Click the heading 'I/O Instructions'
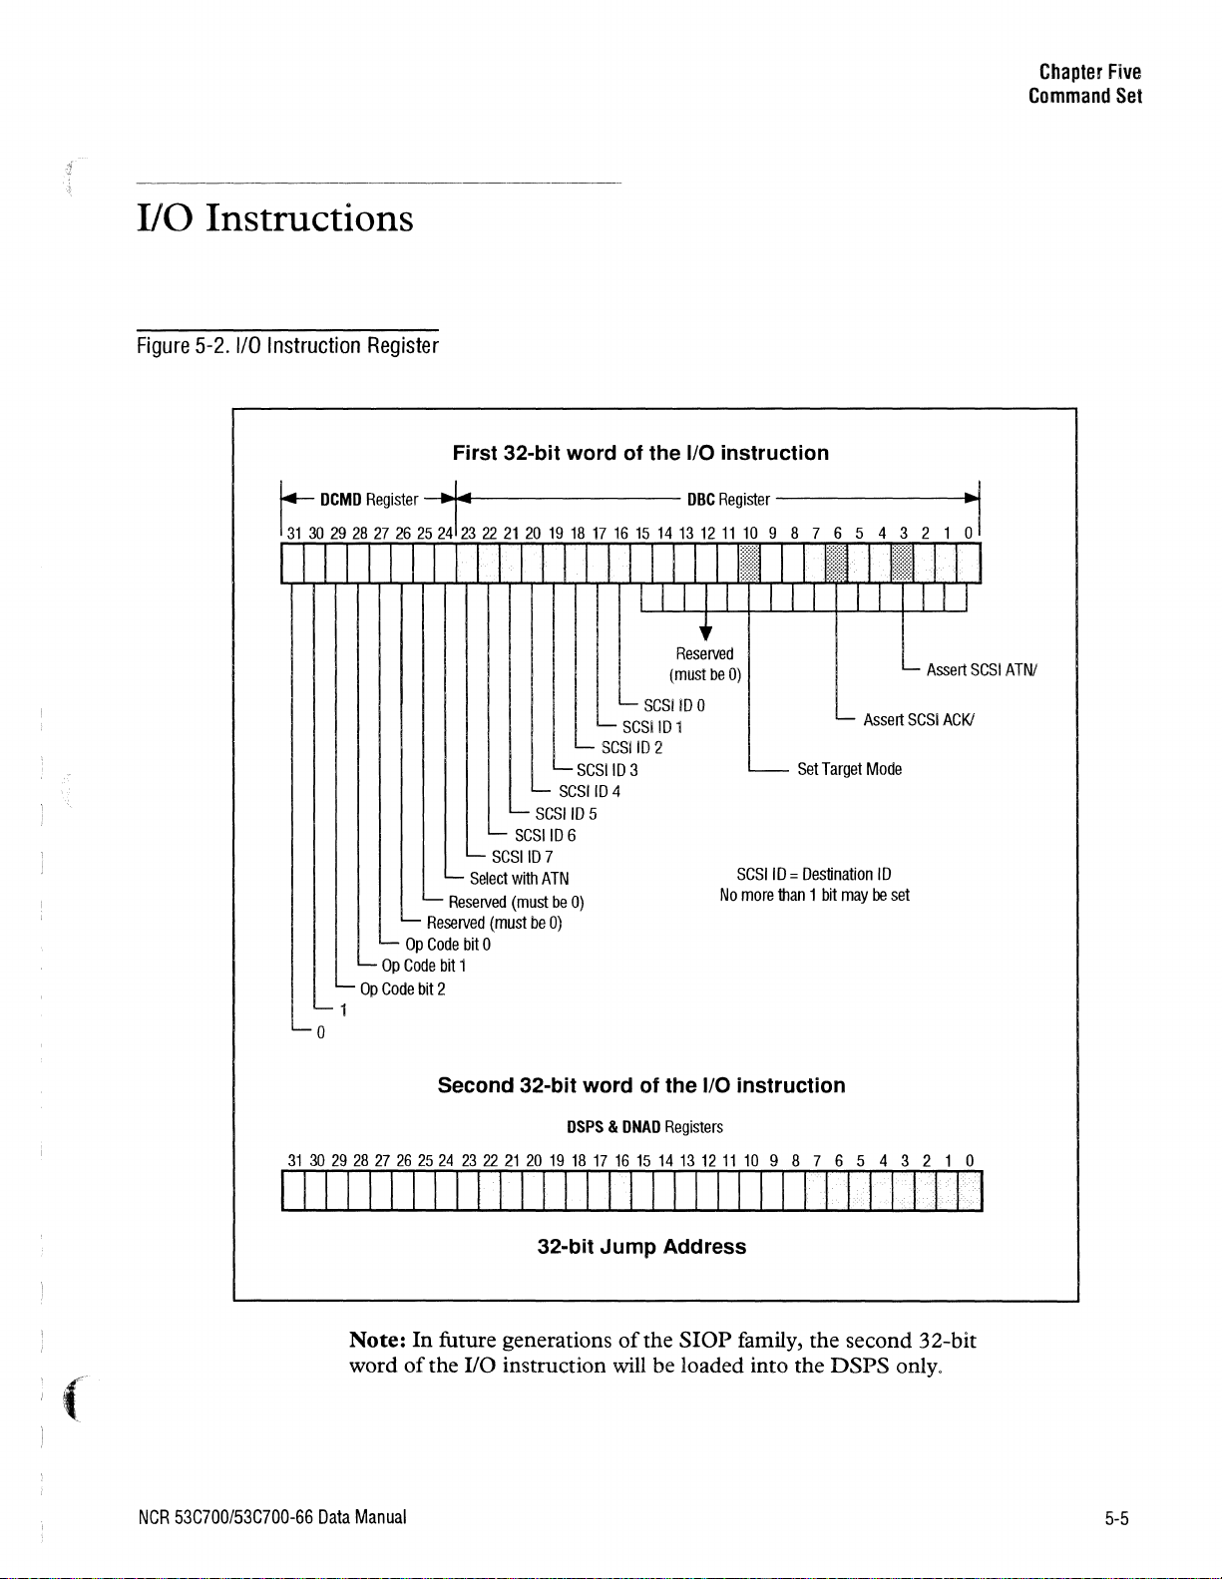tap(274, 218)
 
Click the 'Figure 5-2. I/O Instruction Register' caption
tap(287, 346)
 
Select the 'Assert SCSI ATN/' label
tap(982, 670)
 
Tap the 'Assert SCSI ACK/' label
tap(918, 720)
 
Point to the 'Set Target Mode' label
tap(849, 769)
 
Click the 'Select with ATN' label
tap(519, 879)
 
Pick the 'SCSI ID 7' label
tap(522, 857)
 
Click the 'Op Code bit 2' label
tap(402, 988)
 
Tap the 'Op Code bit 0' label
tap(448, 945)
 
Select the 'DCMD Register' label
tap(368, 499)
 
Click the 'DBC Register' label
tap(728, 499)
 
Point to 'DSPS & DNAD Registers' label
tap(644, 1127)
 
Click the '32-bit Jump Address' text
tap(641, 1247)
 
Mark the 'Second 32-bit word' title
tap(641, 1085)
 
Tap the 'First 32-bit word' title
tap(640, 453)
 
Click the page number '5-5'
tap(1116, 1519)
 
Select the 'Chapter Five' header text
tap(1089, 72)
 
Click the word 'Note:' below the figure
tap(377, 1340)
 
